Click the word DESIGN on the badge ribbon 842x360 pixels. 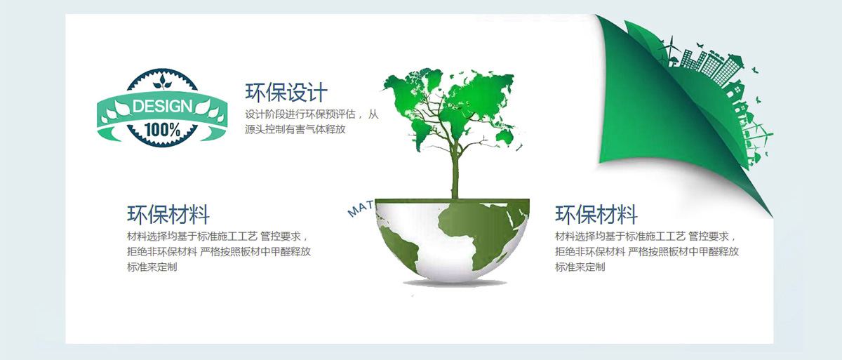162,107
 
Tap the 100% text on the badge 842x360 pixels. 162,130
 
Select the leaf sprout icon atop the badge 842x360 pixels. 162,81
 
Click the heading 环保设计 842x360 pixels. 286,93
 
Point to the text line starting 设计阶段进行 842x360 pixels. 312,114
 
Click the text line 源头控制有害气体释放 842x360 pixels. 295,129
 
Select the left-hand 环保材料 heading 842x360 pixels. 168,215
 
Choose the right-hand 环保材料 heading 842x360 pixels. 596,215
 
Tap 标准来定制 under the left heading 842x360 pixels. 152,267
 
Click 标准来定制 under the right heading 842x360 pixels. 580,267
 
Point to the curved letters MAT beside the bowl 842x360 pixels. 361,209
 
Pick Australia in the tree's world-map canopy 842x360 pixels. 504,137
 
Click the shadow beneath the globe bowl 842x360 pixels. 455,283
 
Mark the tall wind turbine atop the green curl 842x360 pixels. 671,51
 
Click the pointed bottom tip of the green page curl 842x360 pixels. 773,217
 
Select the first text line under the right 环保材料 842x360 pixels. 645,236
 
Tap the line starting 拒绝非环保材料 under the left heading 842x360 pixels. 219,251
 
